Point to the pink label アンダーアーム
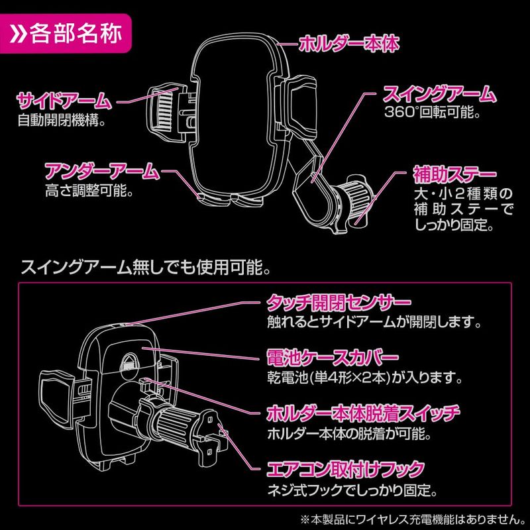point(101,172)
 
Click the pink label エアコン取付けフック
point(344,471)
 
